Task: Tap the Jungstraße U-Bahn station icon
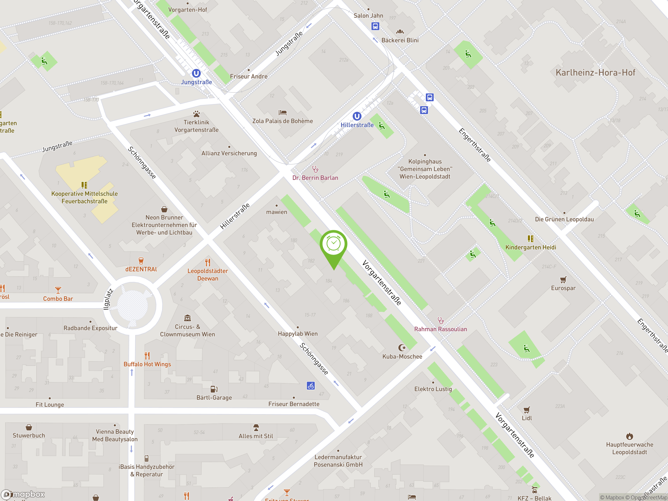coord(196,73)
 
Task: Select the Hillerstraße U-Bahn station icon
coord(357,116)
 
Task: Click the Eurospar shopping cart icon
coord(563,280)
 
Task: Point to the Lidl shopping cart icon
coord(527,410)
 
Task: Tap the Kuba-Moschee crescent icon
coord(402,348)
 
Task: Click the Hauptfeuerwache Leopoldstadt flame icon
coord(629,436)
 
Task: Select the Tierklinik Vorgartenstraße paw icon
coord(196,114)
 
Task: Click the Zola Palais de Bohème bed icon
coord(283,113)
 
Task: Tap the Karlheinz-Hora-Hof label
coord(595,73)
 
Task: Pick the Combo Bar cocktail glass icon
coord(58,290)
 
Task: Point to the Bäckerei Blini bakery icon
coord(400,32)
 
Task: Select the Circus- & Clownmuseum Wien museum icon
coord(188,318)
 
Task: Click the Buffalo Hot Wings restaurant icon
coord(147,355)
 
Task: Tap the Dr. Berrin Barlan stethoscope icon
coord(315,169)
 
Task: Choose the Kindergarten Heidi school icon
coord(530,239)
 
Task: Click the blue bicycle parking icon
coord(311,386)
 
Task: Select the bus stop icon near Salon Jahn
coord(375,26)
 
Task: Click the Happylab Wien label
coord(298,334)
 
